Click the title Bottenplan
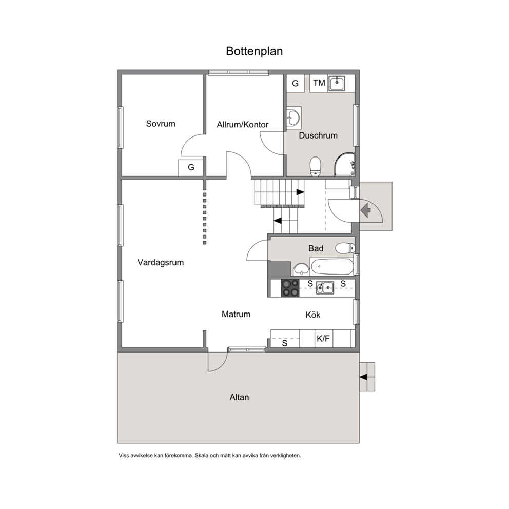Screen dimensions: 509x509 254,51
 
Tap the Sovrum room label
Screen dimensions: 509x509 161,124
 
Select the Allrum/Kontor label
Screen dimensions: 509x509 243,125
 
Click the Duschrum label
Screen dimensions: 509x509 318,135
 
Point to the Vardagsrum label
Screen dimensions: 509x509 161,262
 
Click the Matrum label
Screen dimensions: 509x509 236,314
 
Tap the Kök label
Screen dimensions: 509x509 313,315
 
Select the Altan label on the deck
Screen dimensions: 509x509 239,397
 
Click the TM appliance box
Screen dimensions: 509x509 319,84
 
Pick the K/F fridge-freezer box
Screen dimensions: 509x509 324,339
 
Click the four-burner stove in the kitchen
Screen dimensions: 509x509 290,288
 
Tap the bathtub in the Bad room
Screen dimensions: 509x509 332,266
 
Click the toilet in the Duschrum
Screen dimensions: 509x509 315,167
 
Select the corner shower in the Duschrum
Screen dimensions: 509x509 345,164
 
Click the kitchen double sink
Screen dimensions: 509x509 325,288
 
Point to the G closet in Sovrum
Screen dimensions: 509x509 191,168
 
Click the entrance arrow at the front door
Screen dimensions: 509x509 365,210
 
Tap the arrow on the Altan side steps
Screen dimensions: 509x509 363,377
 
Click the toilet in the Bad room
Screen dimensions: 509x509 345,248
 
